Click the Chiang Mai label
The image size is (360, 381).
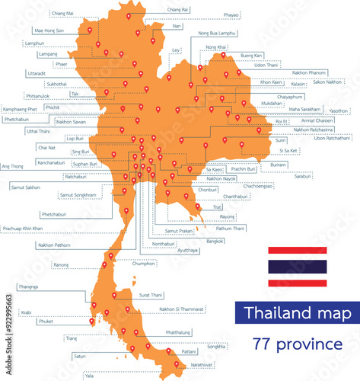(x=62, y=14)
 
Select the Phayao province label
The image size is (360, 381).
(x=210, y=14)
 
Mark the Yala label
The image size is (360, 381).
(x=89, y=376)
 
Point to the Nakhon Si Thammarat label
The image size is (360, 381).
(x=181, y=309)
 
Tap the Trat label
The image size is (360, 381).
(x=217, y=207)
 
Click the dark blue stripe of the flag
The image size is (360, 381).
(x=297, y=266)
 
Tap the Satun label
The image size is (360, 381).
(x=81, y=356)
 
